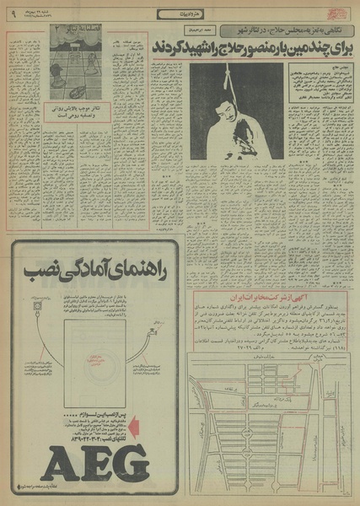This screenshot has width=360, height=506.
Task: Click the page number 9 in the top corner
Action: pos(12,13)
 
